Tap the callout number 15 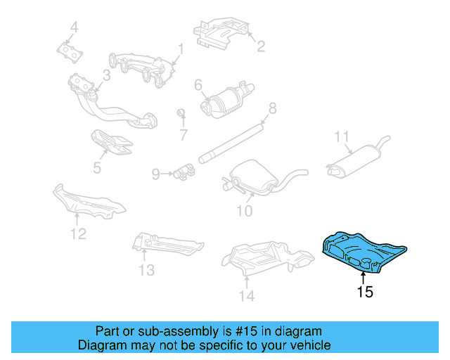click(364, 292)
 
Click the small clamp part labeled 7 click(181, 114)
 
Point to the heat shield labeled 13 click(165, 243)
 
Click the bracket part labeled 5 click(110, 142)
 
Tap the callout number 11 click(341, 136)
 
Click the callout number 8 click(272, 108)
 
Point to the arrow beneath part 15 click(364, 274)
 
